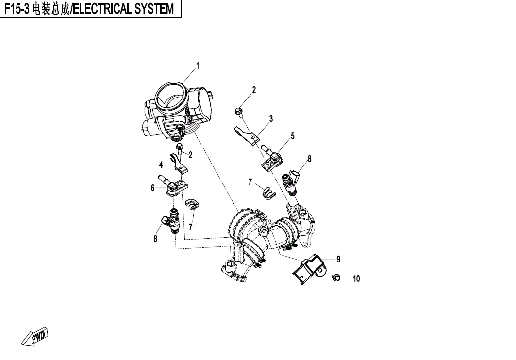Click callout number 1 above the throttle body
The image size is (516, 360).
[x=198, y=65]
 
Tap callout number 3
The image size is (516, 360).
[x=271, y=118]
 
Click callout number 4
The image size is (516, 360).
[x=161, y=165]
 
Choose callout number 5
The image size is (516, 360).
[x=293, y=136]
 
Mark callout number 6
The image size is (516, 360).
[x=152, y=188]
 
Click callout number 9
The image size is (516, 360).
[x=338, y=259]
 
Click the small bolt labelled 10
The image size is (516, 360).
[x=334, y=278]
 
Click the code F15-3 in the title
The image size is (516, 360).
[x=17, y=9]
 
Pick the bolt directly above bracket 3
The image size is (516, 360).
[x=239, y=113]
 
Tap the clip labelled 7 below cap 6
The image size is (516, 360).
[x=192, y=206]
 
